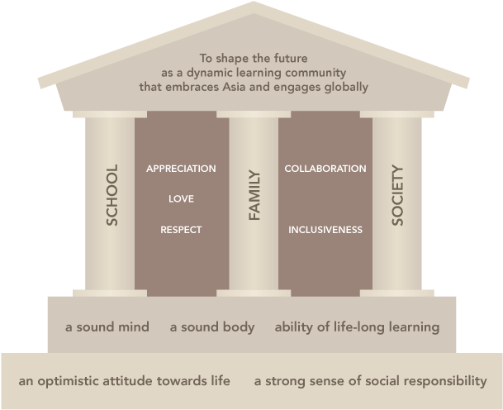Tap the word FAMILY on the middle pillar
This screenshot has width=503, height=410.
(x=254, y=195)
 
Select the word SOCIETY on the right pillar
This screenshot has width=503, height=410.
(x=397, y=195)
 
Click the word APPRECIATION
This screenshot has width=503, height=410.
(x=181, y=169)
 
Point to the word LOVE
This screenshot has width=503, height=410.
(x=181, y=198)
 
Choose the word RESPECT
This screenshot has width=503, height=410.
(x=181, y=229)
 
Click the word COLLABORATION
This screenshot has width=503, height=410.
(x=325, y=169)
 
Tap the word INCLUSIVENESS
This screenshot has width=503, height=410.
(x=325, y=229)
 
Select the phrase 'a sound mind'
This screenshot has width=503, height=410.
(x=107, y=327)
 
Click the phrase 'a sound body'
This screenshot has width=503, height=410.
(x=212, y=327)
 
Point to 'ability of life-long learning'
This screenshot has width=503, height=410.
(x=357, y=327)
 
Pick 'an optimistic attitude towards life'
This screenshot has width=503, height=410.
(x=124, y=381)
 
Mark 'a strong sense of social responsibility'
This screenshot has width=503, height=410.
(x=370, y=381)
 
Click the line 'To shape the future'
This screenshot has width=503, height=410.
(x=254, y=58)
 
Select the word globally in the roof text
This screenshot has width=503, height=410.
(x=346, y=86)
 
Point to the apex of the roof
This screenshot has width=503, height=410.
(x=253, y=4)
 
